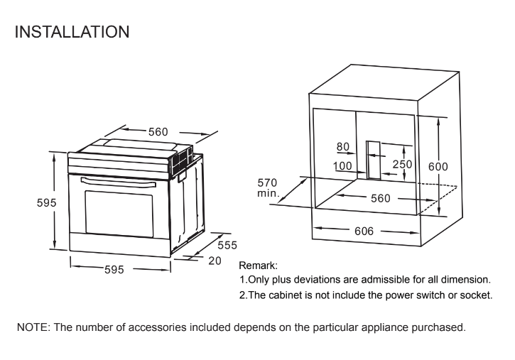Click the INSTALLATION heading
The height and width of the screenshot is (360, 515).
tap(71, 32)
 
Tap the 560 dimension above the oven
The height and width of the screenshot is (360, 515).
tap(158, 131)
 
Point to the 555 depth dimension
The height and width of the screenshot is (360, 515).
tap(227, 245)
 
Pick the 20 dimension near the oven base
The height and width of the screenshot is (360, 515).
tap(215, 261)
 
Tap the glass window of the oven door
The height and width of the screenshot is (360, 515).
tap(119, 212)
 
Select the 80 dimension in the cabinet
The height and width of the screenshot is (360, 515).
tap(344, 147)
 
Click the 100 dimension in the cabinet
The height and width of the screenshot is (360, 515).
tap(343, 166)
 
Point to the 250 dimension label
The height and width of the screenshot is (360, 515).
tap(403, 165)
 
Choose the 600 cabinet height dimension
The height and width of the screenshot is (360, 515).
tap(438, 166)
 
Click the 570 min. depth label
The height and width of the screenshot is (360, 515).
tap(268, 187)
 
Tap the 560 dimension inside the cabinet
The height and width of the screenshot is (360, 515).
tap(380, 199)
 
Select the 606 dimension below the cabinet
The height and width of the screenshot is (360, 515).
tap(364, 231)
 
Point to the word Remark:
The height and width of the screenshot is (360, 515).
tap(258, 265)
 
